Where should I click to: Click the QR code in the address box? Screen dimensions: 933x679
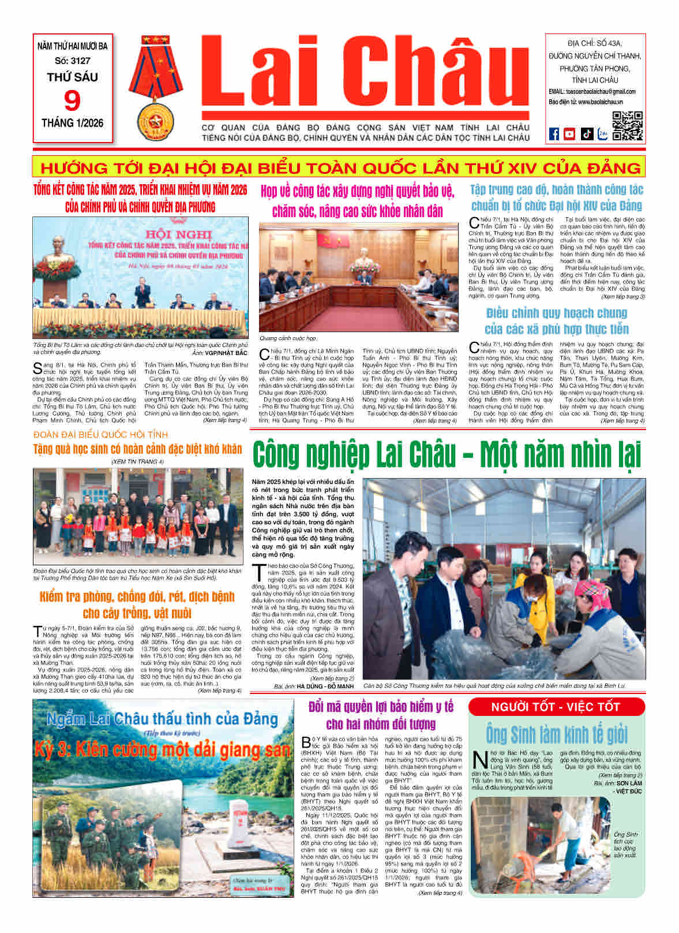[x=627, y=125]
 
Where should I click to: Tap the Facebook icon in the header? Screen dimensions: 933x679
[x=554, y=134]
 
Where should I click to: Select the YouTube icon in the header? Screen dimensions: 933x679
[x=569, y=134]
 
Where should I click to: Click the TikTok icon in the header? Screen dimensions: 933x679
[x=586, y=134]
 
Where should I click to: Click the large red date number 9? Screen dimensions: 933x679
[x=73, y=101]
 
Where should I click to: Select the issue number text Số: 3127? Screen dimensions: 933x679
[x=73, y=61]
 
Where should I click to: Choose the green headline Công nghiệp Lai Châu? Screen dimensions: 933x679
[x=447, y=454]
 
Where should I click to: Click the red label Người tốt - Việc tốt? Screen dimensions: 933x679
[x=556, y=707]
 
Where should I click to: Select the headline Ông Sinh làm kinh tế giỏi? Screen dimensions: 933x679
[x=556, y=734]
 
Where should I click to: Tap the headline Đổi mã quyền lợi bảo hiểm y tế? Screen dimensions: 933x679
[x=381, y=715]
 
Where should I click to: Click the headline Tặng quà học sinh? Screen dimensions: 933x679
[x=137, y=449]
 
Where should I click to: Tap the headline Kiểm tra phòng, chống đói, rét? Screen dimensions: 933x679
[x=137, y=604]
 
